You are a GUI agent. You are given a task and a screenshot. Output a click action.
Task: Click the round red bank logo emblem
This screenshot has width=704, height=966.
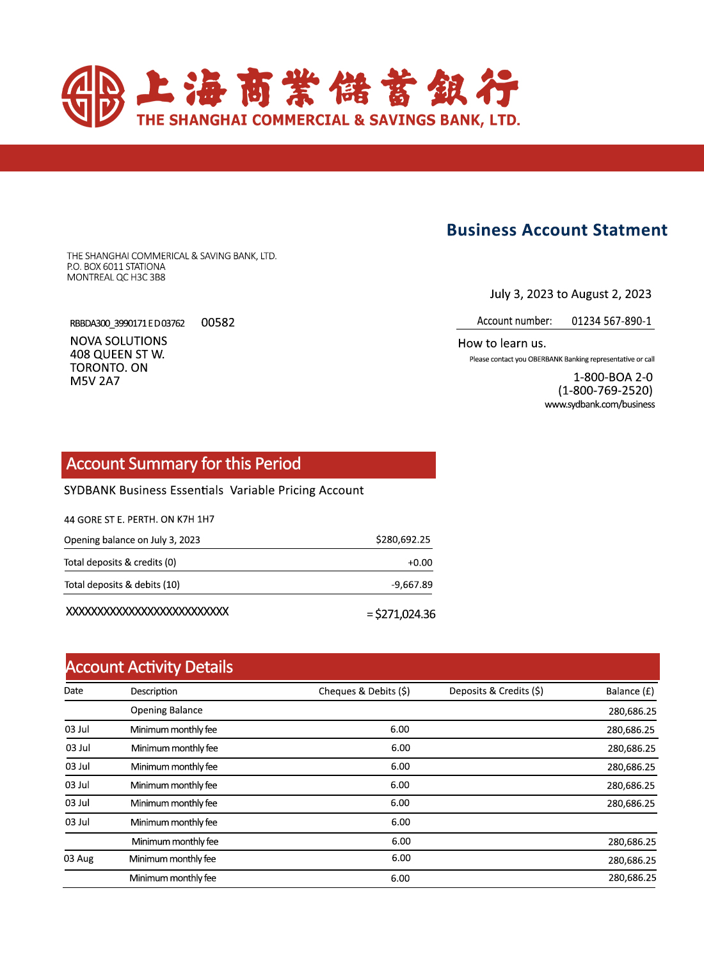93,96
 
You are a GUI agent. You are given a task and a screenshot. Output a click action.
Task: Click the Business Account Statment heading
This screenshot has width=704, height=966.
557,230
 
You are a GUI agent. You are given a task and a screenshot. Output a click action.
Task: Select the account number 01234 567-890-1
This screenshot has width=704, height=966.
611,321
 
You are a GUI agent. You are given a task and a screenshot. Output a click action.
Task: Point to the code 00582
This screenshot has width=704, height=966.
218,322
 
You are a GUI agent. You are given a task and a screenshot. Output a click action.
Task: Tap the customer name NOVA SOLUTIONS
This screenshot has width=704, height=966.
118,341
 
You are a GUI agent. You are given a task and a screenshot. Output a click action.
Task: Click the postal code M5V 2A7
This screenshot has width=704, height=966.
95,381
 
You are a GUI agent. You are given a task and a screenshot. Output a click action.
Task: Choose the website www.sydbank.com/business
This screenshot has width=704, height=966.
600,404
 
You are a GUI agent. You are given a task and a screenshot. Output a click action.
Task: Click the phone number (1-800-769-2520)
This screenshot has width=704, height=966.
605,390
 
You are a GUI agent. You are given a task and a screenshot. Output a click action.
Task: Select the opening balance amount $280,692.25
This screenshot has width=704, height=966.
403,540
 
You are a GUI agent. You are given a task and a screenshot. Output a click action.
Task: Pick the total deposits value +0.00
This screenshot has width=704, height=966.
420,563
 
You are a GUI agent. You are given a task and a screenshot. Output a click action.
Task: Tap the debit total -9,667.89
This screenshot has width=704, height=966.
412,585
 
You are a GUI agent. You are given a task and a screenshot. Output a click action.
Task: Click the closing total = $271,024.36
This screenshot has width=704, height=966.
401,614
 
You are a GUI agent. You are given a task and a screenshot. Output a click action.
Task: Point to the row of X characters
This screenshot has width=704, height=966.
147,612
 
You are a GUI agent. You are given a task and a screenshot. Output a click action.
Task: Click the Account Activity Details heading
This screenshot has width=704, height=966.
149,667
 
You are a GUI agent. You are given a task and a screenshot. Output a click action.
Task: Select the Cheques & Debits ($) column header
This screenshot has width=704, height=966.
364,692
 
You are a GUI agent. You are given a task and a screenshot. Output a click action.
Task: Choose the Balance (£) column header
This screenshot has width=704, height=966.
630,692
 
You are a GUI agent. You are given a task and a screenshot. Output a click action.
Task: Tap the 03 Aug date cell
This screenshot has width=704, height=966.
79,859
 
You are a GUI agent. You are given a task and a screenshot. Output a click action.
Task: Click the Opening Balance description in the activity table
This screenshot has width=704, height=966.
166,710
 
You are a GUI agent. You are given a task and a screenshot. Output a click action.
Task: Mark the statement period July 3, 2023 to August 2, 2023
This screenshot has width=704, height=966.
570,294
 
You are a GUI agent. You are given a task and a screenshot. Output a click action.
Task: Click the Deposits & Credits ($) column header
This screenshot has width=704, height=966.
496,691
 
